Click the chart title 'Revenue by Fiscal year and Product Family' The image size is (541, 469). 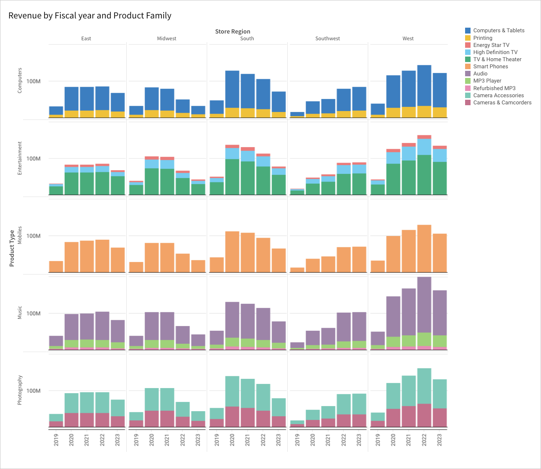(90, 16)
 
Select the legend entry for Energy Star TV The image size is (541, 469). (491, 45)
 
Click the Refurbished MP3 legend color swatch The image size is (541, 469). (468, 88)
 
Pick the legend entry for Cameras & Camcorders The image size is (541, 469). (502, 102)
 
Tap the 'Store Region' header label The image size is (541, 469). (232, 31)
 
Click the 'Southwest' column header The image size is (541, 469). (328, 39)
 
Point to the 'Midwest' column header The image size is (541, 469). (166, 39)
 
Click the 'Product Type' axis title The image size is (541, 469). (12, 248)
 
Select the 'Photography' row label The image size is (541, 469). (20, 390)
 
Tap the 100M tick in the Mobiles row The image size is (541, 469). (34, 236)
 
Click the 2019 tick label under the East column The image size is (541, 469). (56, 440)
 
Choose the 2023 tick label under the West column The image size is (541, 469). (440, 440)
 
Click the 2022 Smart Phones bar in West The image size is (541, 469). (424, 249)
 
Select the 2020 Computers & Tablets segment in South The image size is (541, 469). (232, 89)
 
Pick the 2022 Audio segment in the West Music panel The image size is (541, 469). (424, 304)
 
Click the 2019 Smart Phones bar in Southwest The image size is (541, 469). (297, 270)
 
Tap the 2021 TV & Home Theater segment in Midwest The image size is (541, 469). (167, 181)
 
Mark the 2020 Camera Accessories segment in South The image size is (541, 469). (232, 391)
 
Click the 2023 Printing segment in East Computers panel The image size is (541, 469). (118, 114)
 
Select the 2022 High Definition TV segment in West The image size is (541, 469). (424, 147)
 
